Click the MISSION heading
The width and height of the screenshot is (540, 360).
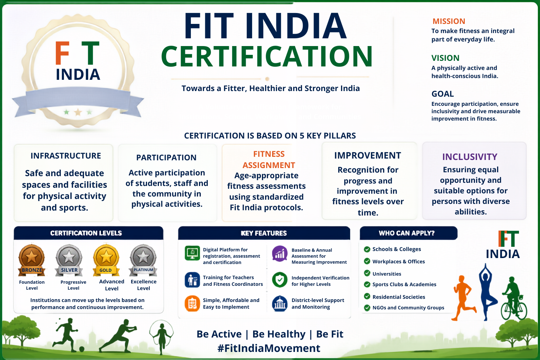(x=449, y=21)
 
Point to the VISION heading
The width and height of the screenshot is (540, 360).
(x=445, y=58)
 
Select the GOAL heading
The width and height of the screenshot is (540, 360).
(x=443, y=94)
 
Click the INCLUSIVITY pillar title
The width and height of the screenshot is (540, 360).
(x=470, y=157)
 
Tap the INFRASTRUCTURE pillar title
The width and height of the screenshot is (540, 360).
(x=66, y=156)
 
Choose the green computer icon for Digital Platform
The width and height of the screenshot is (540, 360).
(x=192, y=253)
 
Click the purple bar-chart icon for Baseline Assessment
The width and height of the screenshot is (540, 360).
(x=279, y=254)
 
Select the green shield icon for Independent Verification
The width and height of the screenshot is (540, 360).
(x=279, y=280)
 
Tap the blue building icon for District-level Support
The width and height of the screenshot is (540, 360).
(x=279, y=304)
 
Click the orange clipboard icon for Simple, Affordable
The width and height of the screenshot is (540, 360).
(x=192, y=304)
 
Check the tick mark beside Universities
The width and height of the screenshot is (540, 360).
(x=367, y=273)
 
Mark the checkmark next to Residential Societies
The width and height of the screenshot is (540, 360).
(x=367, y=296)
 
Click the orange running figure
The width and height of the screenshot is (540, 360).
(x=463, y=298)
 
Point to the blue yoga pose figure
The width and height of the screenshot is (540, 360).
(x=487, y=292)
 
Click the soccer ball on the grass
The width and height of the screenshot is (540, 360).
(x=82, y=349)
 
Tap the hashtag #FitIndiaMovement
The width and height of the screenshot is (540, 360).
(x=269, y=348)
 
